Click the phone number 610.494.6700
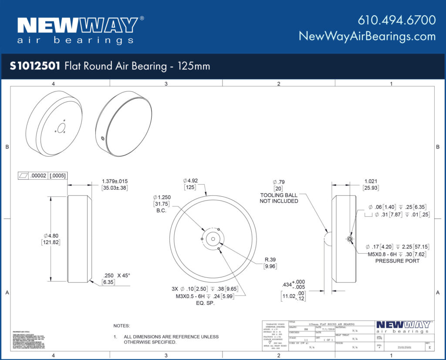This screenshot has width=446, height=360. point(396,20)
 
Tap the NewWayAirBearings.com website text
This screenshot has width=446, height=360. point(367,36)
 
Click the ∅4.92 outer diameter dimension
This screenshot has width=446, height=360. point(191,180)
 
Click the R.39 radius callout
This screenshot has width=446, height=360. point(270,259)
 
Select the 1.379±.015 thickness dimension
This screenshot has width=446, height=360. point(115,181)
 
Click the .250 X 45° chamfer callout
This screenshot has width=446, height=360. point(116,275)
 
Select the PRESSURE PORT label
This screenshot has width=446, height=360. point(397,261)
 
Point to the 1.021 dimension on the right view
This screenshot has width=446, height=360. point(370,181)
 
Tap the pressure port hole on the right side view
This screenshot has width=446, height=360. point(350,238)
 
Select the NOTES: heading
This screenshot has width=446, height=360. point(122,326)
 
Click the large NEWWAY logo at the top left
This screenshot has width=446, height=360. point(77,26)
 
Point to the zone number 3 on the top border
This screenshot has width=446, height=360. point(166,83)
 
